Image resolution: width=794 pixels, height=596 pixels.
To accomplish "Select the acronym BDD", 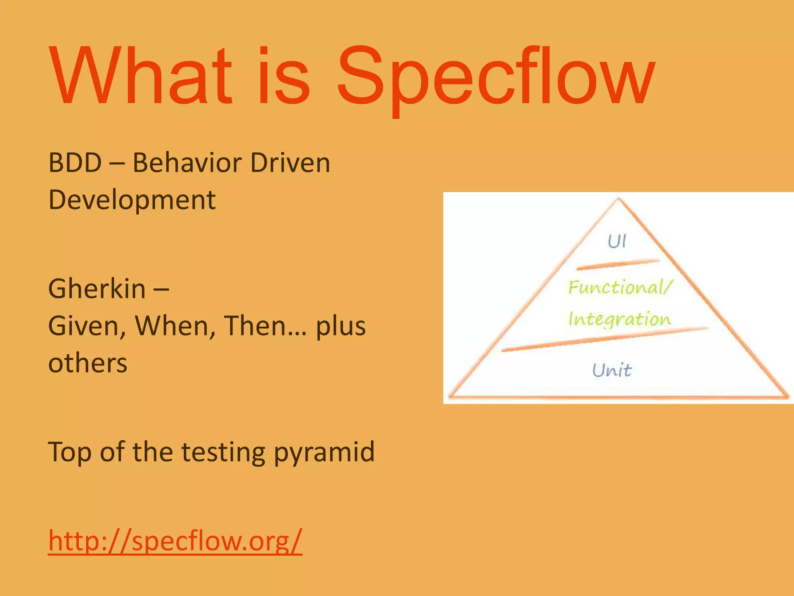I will tap(75, 163).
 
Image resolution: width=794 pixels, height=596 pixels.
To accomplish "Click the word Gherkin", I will tap(97, 289).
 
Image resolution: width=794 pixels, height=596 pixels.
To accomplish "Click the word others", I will tap(88, 363).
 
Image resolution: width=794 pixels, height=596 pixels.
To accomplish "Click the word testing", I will tap(223, 452).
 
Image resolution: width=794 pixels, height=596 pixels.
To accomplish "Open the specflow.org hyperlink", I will tap(175, 541).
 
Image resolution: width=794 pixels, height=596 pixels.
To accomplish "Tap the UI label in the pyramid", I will tap(616, 241).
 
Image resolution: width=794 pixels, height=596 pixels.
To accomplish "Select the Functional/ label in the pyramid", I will tap(620, 288).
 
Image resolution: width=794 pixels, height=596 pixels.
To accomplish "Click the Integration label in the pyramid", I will tap(619, 319).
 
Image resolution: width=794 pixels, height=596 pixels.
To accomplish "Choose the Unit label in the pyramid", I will tap(612, 370).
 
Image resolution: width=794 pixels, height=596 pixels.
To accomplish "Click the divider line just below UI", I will tap(618, 265).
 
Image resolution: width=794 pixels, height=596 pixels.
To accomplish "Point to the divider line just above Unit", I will tap(605, 339).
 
